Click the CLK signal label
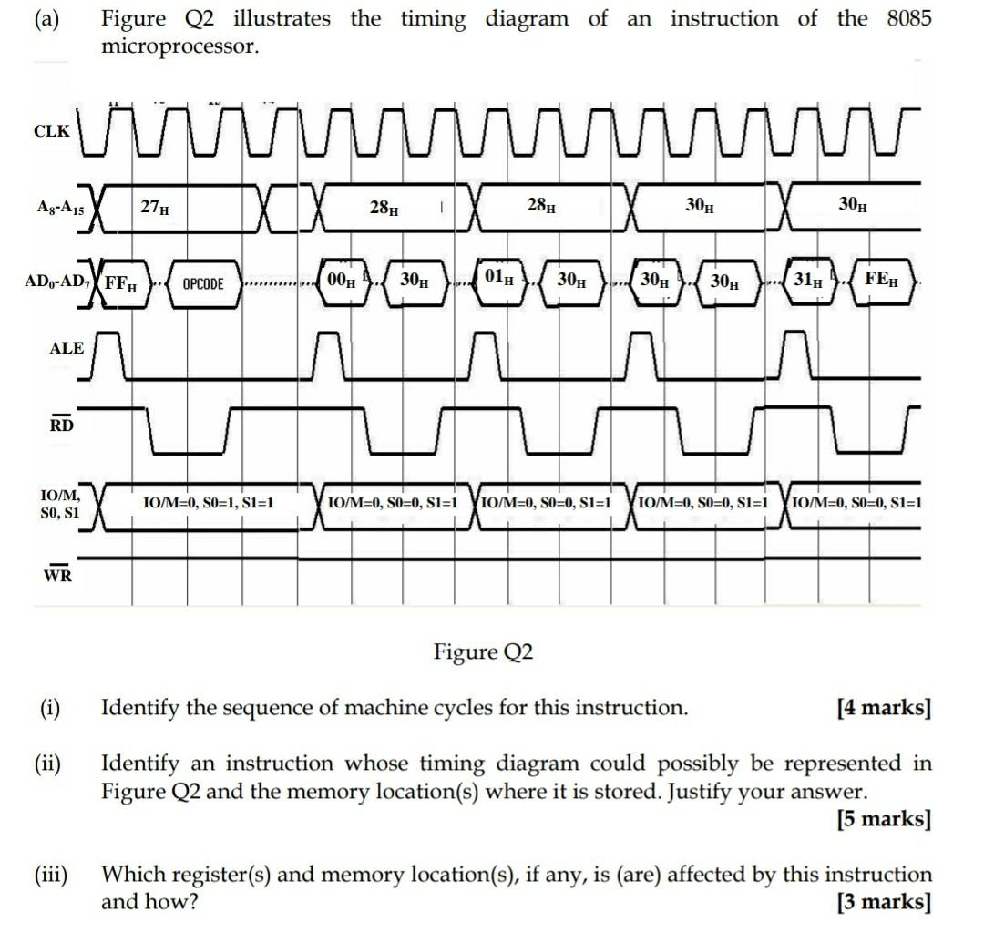51,131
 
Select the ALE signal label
67,348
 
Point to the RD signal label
61,424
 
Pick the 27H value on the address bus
154,208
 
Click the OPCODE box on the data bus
203,283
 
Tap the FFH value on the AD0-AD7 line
121,281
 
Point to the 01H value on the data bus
496,277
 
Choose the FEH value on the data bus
880,280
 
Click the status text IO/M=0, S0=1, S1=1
209,502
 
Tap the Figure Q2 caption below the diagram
483,652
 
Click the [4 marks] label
884,708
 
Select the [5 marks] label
884,819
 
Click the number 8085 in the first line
908,19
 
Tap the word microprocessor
180,46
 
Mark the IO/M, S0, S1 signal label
61,504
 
